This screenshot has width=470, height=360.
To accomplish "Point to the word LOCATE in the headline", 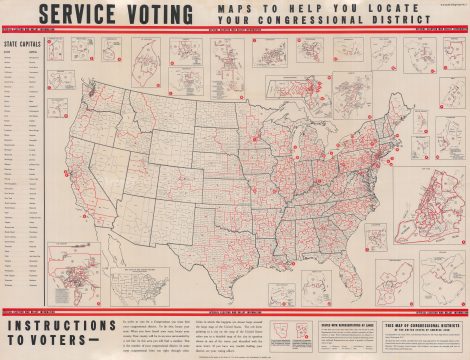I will click(x=411, y=8).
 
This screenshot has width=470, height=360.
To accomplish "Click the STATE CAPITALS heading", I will click(x=23, y=45).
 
